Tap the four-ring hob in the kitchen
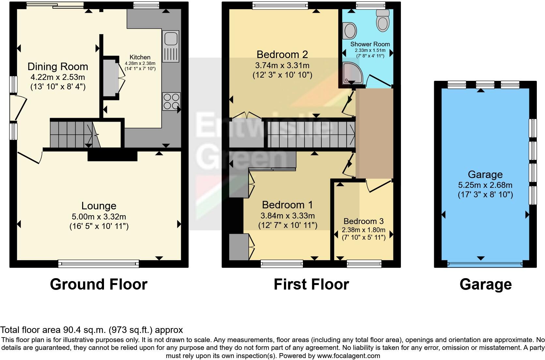171,102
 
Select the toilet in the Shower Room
383,20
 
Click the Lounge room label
99,206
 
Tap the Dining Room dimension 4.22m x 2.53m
58,77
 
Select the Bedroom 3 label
363,221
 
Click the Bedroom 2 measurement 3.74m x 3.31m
282,66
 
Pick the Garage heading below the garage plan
485,285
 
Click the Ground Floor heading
98,284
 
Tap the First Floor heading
311,284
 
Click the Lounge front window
98,263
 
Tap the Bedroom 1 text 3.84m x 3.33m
287,216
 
